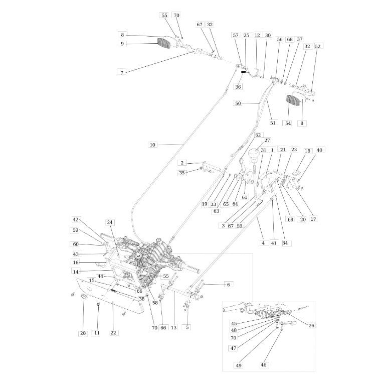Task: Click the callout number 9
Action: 121,44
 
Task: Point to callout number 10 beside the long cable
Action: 153,145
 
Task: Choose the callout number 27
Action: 267,141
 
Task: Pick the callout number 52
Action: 317,46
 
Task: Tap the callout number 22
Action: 113,332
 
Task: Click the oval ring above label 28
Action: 83,299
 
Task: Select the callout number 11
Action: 97,333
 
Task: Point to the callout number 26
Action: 311,326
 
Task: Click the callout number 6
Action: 228,285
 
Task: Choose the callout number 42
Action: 76,220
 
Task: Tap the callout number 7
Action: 121,73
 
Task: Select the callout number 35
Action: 182,173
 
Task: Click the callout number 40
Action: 320,150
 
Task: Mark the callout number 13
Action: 174,328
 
